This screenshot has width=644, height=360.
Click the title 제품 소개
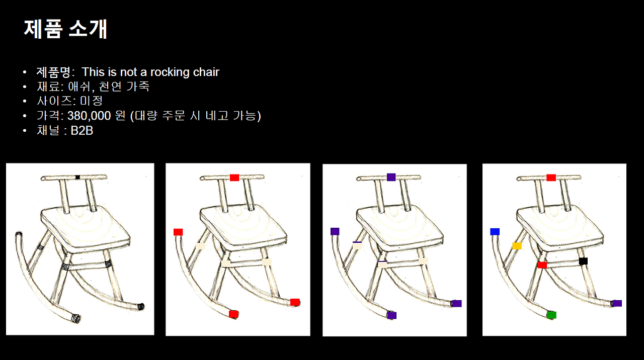tap(65, 29)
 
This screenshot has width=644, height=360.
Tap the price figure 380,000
tap(89, 116)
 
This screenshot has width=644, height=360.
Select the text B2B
tap(82, 131)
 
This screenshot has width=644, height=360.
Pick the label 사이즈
tap(54, 101)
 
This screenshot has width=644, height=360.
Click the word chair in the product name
tap(206, 72)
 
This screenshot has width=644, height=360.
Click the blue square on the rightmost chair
tap(495, 232)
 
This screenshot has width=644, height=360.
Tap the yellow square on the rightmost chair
tap(517, 246)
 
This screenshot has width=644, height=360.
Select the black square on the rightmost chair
tap(583, 261)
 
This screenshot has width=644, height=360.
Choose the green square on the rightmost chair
tap(551, 315)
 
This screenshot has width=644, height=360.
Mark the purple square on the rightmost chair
tap(617, 303)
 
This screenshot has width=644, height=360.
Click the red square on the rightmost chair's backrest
tap(551, 177)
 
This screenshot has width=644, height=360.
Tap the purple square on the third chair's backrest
tap(391, 177)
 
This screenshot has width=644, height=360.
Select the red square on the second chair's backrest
tap(234, 177)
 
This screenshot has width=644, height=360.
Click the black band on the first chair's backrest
tap(77, 177)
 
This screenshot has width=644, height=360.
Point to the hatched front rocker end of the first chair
tap(76, 318)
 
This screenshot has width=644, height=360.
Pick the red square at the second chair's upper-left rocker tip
tap(178, 232)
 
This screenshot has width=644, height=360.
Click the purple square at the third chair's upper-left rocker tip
tap(335, 231)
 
